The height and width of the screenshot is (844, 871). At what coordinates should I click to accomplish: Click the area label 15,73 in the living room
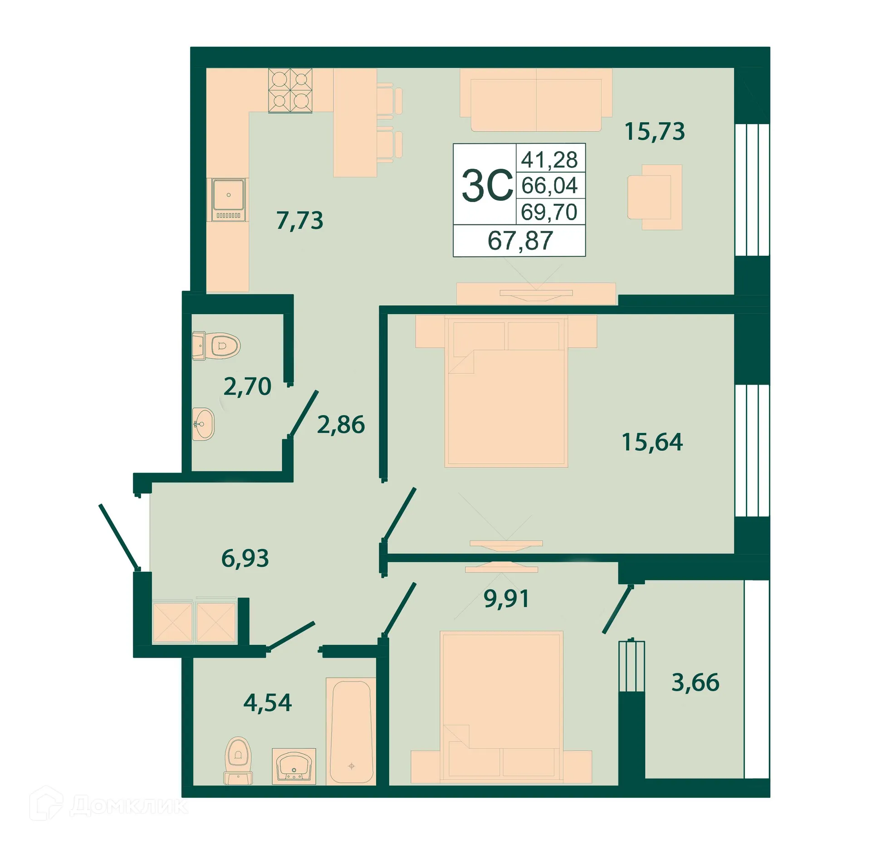click(654, 132)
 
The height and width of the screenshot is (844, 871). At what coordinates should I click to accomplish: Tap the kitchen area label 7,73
click(299, 220)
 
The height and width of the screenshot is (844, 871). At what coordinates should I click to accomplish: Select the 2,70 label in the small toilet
click(247, 386)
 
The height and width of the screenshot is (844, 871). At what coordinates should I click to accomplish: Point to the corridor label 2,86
click(341, 424)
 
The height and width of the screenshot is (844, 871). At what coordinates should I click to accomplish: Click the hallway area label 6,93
click(245, 558)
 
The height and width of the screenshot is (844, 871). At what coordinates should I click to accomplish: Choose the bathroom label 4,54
click(267, 703)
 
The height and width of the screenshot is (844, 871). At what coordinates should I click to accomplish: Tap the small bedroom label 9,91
click(506, 599)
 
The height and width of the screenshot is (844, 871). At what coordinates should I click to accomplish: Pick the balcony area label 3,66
click(695, 682)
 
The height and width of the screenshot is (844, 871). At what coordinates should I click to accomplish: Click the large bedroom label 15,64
click(652, 442)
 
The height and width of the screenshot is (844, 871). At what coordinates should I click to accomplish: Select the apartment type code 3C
click(487, 185)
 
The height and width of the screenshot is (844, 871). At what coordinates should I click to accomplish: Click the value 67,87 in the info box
click(520, 240)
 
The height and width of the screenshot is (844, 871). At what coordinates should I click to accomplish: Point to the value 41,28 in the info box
click(549, 160)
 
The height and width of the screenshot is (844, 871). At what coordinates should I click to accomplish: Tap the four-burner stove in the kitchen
click(290, 90)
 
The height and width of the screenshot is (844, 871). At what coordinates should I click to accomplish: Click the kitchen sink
click(228, 200)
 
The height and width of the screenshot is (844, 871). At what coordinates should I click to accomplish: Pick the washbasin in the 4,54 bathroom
click(294, 766)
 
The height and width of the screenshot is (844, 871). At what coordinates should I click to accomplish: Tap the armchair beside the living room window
click(654, 197)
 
